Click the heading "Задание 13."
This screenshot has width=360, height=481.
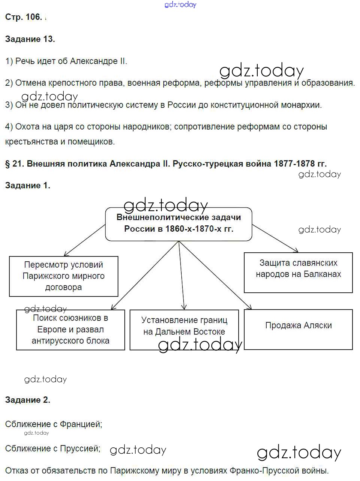click(x=30, y=39)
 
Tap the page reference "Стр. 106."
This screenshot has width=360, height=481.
click(x=24, y=17)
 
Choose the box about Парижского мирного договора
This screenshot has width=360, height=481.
click(x=63, y=276)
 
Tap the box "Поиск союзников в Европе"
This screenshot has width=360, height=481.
click(x=70, y=329)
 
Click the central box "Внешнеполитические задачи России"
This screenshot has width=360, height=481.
click(x=179, y=223)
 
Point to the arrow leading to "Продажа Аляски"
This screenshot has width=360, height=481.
click(x=215, y=275)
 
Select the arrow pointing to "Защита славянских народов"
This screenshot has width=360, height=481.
click(x=275, y=238)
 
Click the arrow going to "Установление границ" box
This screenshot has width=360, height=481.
click(x=182, y=275)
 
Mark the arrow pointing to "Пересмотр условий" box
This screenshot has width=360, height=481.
click(x=85, y=240)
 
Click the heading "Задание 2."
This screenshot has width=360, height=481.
click(x=28, y=400)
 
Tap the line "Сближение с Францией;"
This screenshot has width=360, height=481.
click(x=54, y=424)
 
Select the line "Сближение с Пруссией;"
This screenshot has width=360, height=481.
click(x=53, y=448)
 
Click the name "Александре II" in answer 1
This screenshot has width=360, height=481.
click(x=99, y=61)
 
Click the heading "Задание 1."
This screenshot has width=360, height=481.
click(x=28, y=185)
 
